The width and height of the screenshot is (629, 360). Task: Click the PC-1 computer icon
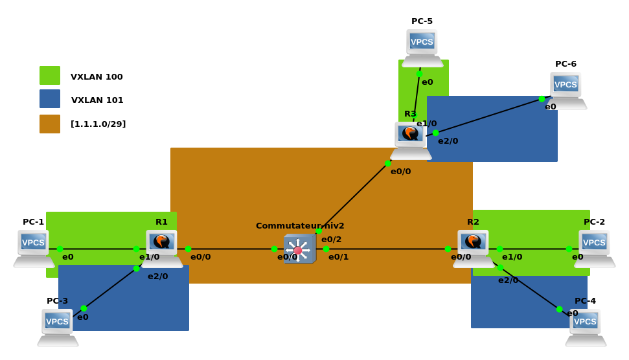click(x=34, y=248)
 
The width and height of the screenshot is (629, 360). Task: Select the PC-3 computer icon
click(x=58, y=326)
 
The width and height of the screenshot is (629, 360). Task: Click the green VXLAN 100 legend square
click(x=50, y=76)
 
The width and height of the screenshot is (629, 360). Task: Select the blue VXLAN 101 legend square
click(x=50, y=99)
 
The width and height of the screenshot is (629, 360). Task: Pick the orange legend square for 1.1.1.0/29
click(x=50, y=124)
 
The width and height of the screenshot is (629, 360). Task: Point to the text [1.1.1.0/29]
click(x=98, y=124)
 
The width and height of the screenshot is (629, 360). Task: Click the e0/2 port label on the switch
click(x=331, y=240)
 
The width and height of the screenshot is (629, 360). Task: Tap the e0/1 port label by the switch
click(x=338, y=257)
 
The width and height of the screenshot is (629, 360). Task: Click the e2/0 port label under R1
click(x=157, y=276)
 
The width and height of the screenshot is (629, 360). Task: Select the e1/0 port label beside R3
click(x=426, y=124)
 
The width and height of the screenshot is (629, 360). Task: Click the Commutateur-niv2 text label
click(x=300, y=226)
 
